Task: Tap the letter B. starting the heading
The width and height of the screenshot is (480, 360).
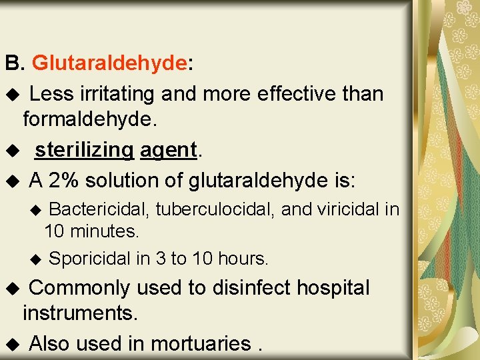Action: (14, 64)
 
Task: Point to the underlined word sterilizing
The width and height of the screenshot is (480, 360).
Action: (85, 150)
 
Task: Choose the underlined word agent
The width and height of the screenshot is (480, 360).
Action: (168, 150)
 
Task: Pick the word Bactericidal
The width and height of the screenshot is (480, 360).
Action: (100, 209)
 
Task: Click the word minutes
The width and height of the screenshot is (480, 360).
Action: (105, 232)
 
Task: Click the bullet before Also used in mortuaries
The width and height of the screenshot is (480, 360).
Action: (11, 345)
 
